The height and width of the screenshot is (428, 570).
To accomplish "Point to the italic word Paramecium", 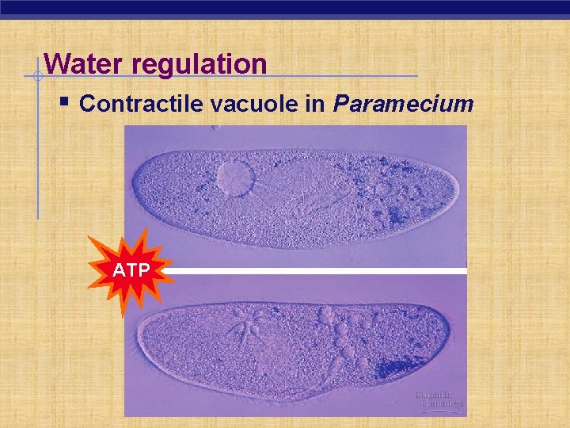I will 403,104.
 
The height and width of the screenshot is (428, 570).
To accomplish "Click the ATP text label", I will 131,270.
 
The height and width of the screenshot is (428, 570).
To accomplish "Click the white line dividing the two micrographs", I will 317,271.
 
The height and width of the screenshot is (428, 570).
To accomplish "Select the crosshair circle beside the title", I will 36,77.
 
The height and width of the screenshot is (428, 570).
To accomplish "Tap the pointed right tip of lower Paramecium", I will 450,333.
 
